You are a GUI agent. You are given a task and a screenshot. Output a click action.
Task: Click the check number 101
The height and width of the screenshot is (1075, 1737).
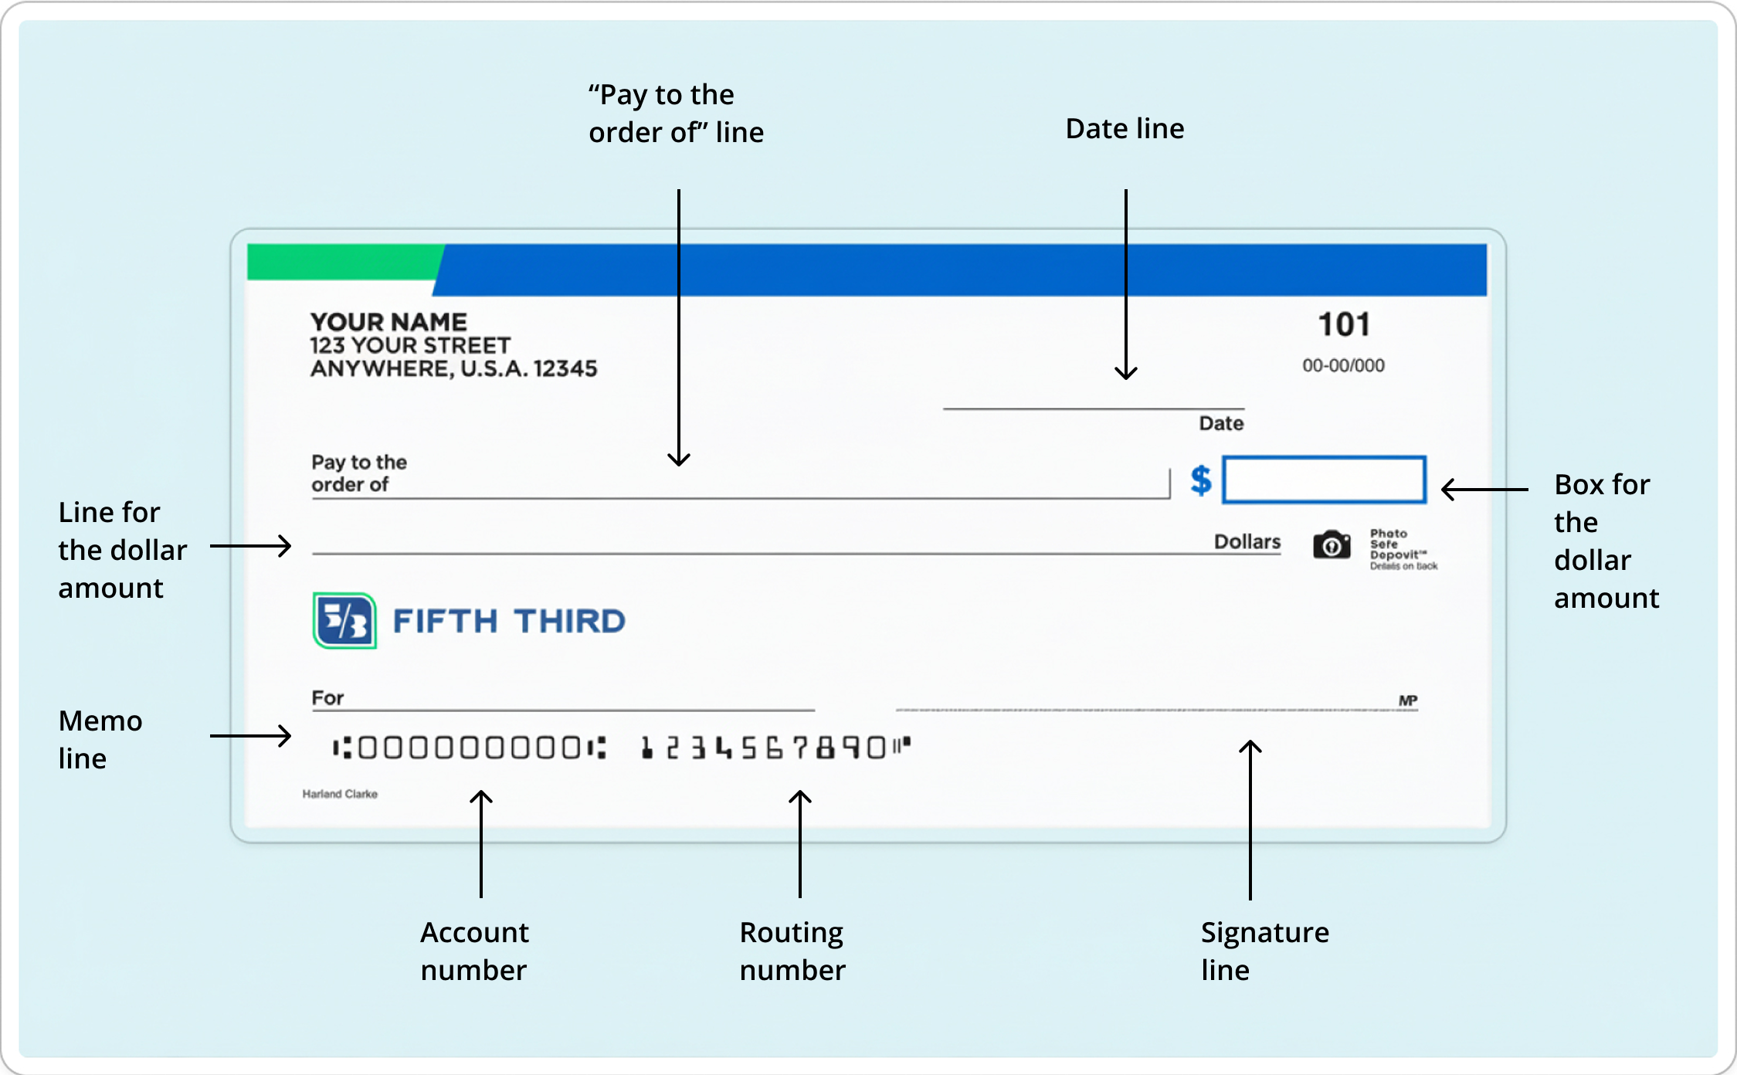pyautogui.click(x=1344, y=324)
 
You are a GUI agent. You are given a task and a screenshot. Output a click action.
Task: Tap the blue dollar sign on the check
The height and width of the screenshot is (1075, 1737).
pyautogui.click(x=1201, y=480)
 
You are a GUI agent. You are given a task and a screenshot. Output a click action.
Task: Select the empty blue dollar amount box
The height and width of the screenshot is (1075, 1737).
pyautogui.click(x=1325, y=480)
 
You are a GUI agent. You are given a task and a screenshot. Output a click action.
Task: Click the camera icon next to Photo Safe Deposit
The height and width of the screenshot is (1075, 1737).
pyautogui.click(x=1332, y=545)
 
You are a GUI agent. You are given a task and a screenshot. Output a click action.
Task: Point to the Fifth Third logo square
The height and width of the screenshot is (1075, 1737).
pyautogui.click(x=344, y=621)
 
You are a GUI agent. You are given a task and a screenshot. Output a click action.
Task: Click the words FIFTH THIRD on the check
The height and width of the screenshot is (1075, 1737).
pyautogui.click(x=509, y=621)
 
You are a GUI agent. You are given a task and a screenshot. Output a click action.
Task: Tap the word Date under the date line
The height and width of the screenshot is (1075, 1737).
pyautogui.click(x=1221, y=423)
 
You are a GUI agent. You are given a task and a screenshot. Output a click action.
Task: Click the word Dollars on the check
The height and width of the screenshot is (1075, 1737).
pyautogui.click(x=1247, y=541)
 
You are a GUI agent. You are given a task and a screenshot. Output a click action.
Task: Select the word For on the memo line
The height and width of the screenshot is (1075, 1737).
pyautogui.click(x=327, y=698)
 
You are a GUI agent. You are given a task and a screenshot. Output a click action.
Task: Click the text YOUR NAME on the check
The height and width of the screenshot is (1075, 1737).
pyautogui.click(x=388, y=322)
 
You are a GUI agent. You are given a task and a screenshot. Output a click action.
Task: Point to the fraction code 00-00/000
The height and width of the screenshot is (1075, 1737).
pyautogui.click(x=1343, y=365)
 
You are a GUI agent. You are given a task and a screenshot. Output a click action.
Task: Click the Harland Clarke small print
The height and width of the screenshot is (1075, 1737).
pyautogui.click(x=340, y=794)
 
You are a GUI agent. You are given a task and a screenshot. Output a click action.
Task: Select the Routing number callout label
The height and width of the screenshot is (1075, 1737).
pyautogui.click(x=792, y=951)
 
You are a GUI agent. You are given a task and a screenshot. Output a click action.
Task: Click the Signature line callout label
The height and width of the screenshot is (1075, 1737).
pyautogui.click(x=1264, y=951)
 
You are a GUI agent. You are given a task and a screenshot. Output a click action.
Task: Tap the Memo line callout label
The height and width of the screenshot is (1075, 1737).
pyautogui.click(x=100, y=739)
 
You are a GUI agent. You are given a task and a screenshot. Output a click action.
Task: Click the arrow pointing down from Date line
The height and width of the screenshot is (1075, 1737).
pyautogui.click(x=1126, y=286)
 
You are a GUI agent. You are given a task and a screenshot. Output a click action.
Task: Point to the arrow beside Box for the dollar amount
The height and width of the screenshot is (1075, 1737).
pyautogui.click(x=1484, y=489)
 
